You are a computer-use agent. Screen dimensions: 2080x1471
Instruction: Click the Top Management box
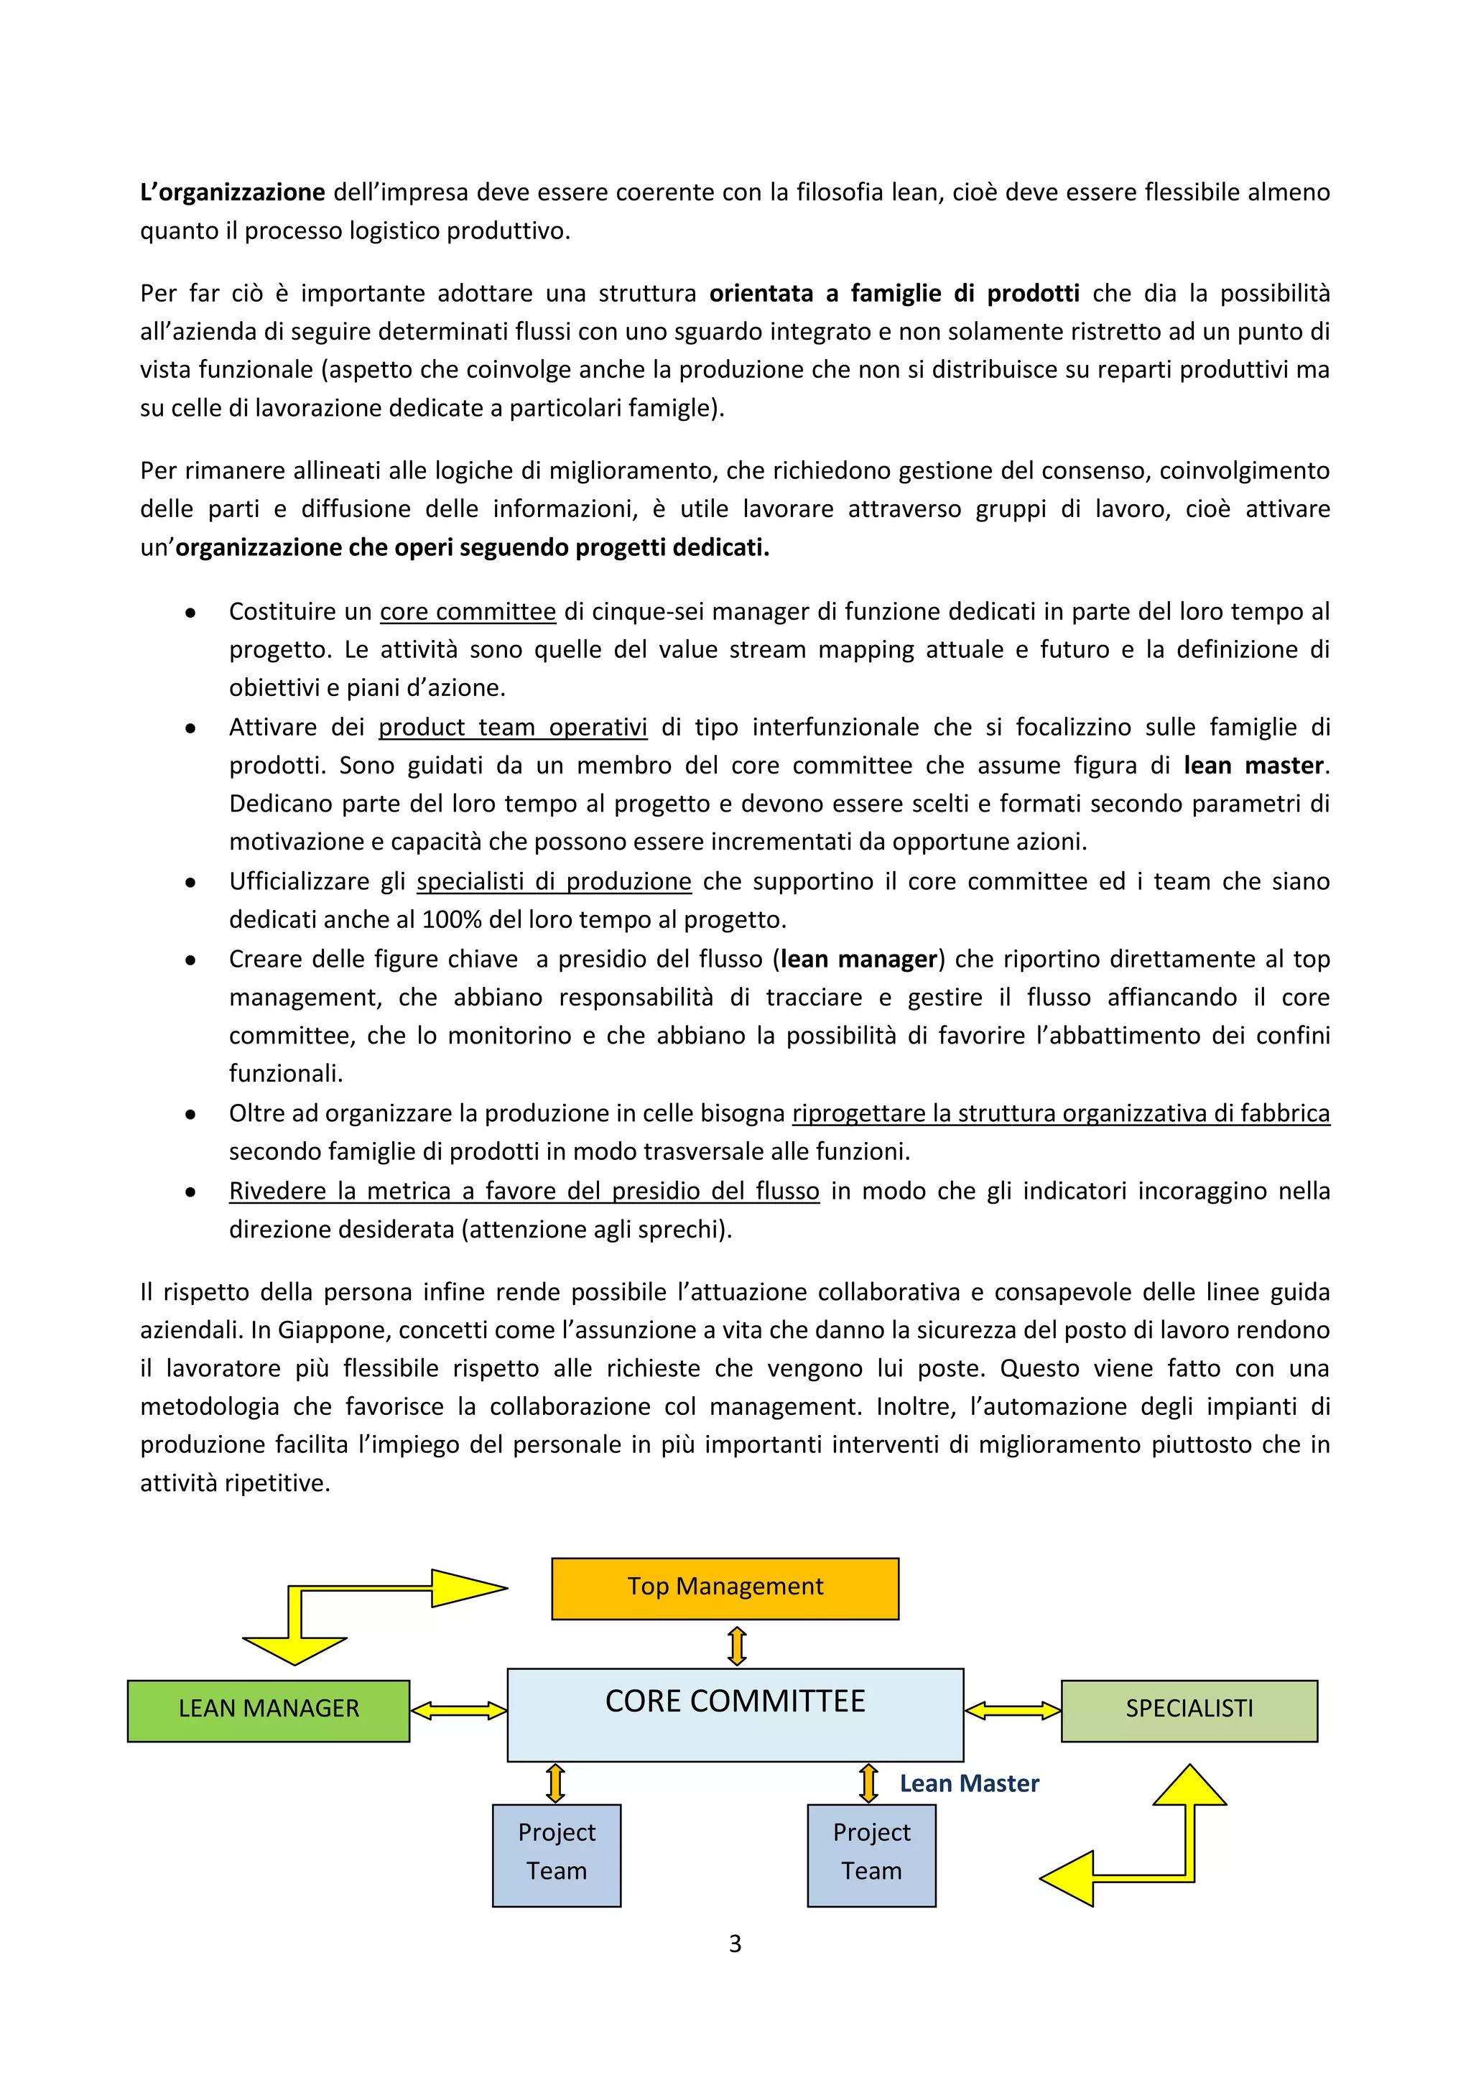(x=725, y=1588)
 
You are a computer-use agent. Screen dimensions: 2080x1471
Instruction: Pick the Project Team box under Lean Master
(x=871, y=1854)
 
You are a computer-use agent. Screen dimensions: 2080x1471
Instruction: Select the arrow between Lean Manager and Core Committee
(x=458, y=1710)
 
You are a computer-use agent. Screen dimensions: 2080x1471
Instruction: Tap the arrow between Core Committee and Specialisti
(x=1012, y=1710)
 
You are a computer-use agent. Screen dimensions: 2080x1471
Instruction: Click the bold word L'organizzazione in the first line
(x=233, y=192)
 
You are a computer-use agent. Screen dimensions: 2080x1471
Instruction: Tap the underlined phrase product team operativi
(x=513, y=728)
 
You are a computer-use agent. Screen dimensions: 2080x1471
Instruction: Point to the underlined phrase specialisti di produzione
(x=554, y=881)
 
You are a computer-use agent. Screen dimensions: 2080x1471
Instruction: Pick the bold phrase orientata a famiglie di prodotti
(x=894, y=294)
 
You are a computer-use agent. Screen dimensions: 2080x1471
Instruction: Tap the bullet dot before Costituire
(x=190, y=613)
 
